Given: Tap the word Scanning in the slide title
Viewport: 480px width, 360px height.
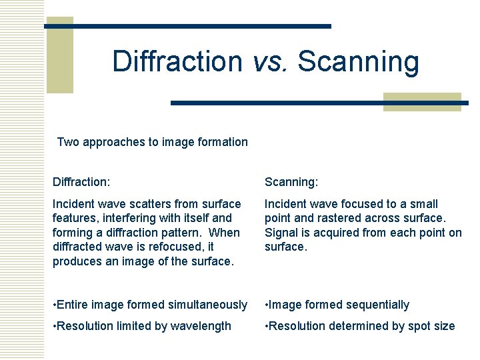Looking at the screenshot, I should click(359, 62).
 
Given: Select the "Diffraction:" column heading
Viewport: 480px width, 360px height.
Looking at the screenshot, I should click(81, 181).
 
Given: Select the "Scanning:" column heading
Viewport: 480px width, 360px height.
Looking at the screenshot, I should click(291, 181).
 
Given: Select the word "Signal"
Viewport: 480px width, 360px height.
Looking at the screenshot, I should click(282, 233).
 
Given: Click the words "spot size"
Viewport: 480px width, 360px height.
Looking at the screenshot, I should click(431, 326).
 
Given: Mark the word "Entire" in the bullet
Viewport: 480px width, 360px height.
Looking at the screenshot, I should click(73, 305).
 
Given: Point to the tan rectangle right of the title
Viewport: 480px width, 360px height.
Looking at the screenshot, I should click(423, 101).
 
